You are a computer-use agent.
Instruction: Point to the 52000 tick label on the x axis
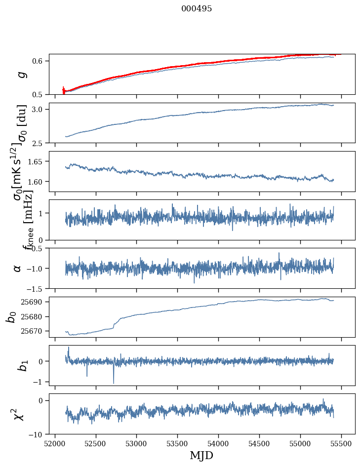click(x=55, y=443)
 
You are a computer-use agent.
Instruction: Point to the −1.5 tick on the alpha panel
click(x=37, y=288)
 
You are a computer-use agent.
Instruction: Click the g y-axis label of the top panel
click(x=20, y=74)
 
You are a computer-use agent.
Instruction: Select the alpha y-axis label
click(x=18, y=268)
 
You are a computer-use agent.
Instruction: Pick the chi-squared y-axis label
click(x=18, y=414)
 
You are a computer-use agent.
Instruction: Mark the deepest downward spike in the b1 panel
click(x=114, y=383)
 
